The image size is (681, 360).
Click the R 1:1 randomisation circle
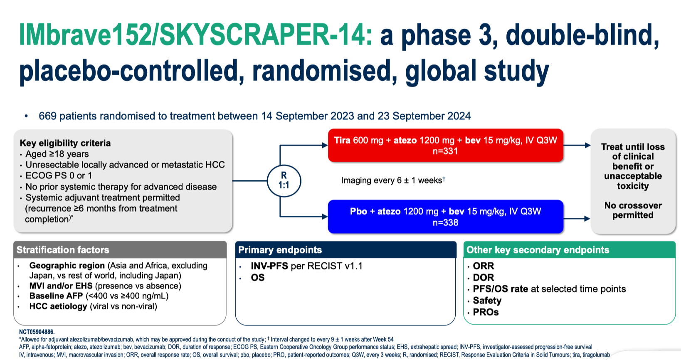click(284, 180)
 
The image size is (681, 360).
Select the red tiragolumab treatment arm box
click(445, 145)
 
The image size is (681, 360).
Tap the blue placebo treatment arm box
click(445, 217)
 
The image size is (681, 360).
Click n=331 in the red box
click(445, 151)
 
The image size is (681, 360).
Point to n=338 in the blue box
click(445, 222)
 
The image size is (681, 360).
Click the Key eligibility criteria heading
click(65, 143)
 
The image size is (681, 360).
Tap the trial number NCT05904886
click(37, 332)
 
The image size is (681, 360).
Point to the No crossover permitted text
click(633, 210)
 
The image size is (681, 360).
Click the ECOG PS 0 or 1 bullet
click(59, 175)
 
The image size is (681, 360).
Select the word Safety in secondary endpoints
click(487, 301)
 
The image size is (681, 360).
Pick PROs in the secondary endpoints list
click(486, 312)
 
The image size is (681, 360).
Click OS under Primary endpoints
click(257, 277)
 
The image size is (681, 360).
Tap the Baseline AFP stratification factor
click(99, 296)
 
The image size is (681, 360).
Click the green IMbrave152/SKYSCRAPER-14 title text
click(195, 35)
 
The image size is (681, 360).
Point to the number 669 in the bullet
click(47, 116)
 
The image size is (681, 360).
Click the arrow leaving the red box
click(577, 145)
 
